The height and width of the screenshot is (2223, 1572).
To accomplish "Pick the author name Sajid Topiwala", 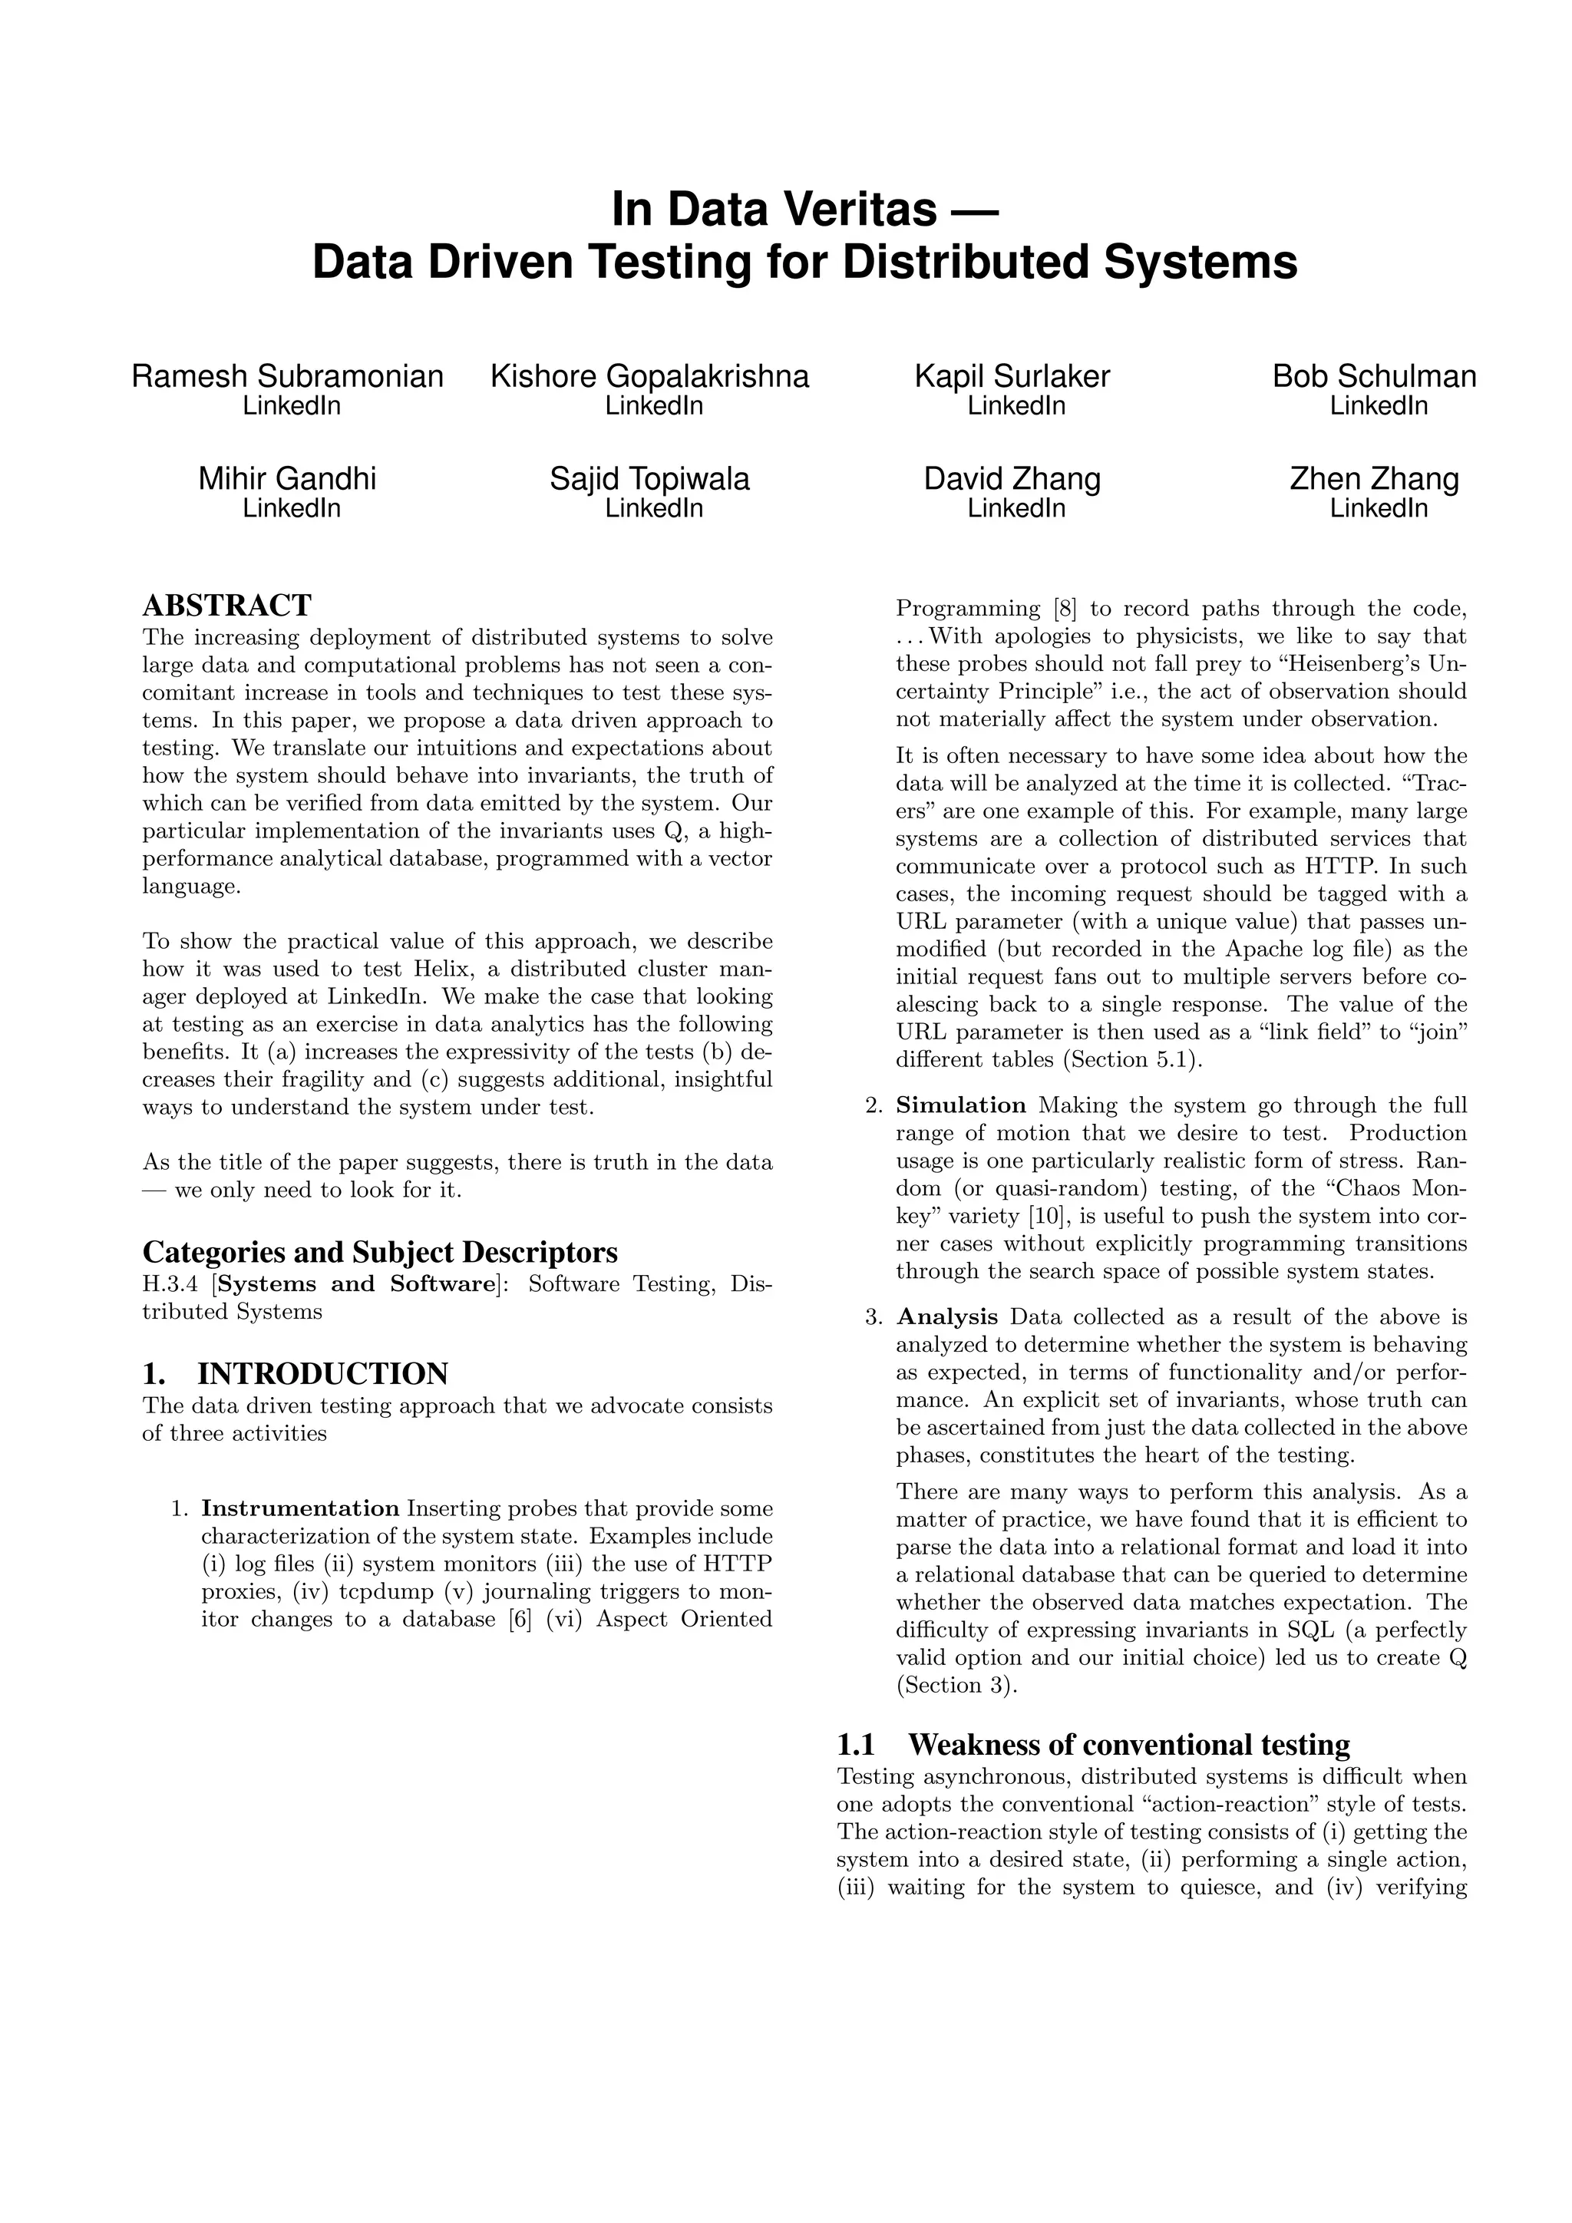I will click(649, 478).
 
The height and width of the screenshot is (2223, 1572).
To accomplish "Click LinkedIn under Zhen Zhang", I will click(1379, 507).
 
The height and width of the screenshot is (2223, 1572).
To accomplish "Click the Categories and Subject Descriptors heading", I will click(379, 1252).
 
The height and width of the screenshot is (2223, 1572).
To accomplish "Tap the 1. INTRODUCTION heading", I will click(296, 1373).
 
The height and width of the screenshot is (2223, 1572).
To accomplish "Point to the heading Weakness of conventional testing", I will click(1128, 1745).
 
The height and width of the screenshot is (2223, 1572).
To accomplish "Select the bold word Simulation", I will click(961, 1105).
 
